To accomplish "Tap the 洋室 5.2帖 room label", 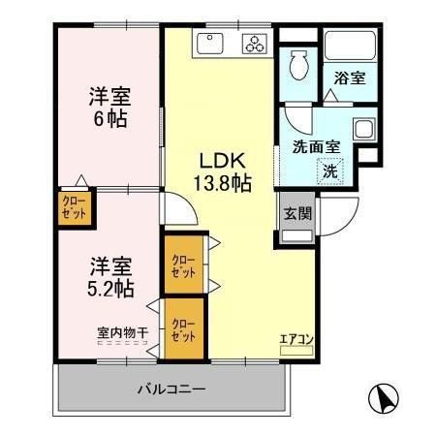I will pyautogui.click(x=110, y=275).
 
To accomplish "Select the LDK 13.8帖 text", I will pyautogui.click(x=225, y=171).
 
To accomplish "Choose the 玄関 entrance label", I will pyautogui.click(x=296, y=215).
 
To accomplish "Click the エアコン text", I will pyautogui.click(x=296, y=338).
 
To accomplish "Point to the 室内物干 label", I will pyautogui.click(x=122, y=333).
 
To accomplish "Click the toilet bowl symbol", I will pyautogui.click(x=299, y=67).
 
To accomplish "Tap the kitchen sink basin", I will pyautogui.click(x=211, y=44).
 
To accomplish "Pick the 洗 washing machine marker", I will pyautogui.click(x=329, y=172).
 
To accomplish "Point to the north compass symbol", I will pyautogui.click(x=385, y=399).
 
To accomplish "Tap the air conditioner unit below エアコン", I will pyautogui.click(x=296, y=350).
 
